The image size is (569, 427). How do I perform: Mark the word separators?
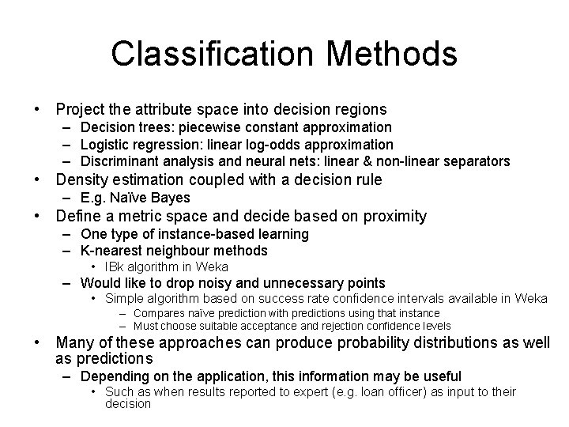point(475,161)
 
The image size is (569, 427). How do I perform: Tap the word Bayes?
point(170,198)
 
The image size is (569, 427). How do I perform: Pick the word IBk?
point(115,266)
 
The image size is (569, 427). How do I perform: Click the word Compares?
point(156,314)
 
